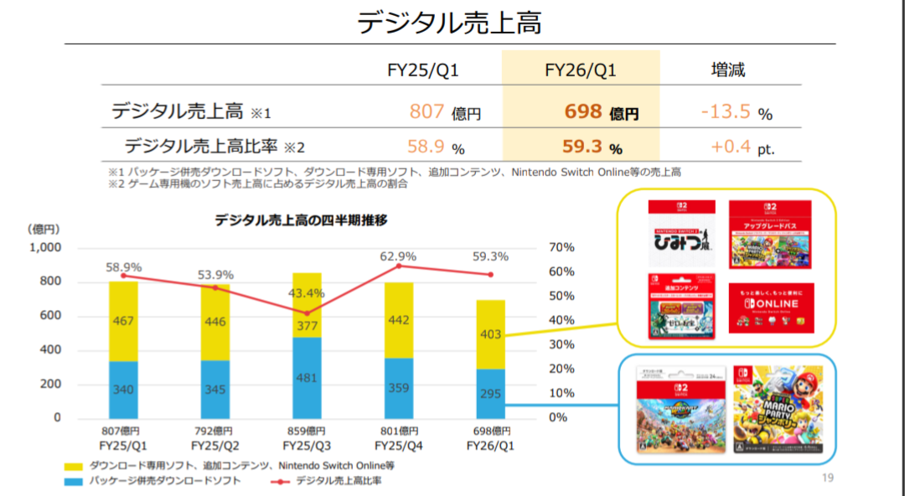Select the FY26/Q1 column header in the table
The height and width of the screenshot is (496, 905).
click(x=580, y=70)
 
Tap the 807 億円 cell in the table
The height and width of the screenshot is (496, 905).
click(x=445, y=111)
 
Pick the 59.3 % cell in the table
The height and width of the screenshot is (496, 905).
click(x=592, y=147)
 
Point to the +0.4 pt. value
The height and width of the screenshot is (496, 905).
click(x=742, y=147)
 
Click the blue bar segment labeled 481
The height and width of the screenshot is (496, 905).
click(x=307, y=377)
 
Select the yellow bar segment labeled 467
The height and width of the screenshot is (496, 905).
click(x=123, y=321)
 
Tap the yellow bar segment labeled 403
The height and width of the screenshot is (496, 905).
click(x=491, y=334)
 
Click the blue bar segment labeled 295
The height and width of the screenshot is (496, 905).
click(x=491, y=394)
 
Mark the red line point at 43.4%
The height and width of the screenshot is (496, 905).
click(x=307, y=313)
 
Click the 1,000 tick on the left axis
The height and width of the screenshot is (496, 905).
click(x=45, y=248)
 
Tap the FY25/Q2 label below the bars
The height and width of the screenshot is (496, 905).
click(x=215, y=446)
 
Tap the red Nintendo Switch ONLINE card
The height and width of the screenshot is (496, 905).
click(x=770, y=307)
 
